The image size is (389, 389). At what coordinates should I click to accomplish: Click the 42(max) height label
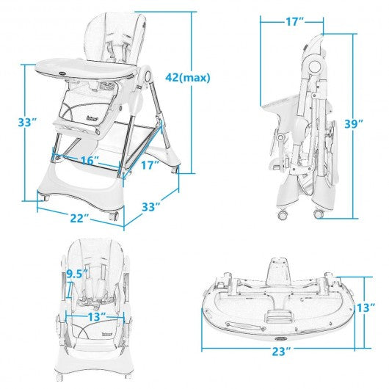[x=188, y=76]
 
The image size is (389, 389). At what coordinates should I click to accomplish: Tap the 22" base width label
[x=80, y=217]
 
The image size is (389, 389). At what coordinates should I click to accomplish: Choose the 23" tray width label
[x=280, y=371]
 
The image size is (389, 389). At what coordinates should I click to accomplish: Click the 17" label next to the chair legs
[x=150, y=166]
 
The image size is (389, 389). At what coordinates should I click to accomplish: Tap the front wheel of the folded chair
[x=283, y=214]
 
